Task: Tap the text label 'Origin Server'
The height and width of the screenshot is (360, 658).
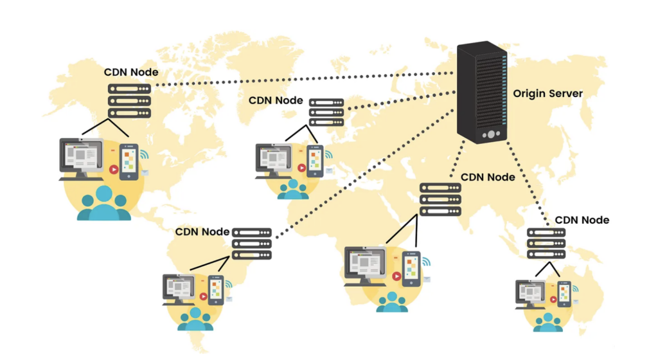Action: tap(547, 94)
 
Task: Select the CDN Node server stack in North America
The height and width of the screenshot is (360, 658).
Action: tap(129, 100)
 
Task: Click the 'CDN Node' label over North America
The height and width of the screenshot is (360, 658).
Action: tap(131, 73)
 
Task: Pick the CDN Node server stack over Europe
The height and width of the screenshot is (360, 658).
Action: tap(326, 113)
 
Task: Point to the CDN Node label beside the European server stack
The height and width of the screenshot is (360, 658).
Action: tap(276, 100)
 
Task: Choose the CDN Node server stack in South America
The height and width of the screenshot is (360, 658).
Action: tap(252, 244)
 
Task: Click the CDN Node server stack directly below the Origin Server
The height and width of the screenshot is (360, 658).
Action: tap(440, 199)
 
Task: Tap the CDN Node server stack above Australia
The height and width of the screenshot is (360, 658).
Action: tap(546, 244)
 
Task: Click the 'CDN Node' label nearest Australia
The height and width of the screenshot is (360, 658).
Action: tap(582, 220)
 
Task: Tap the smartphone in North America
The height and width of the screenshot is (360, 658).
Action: tap(129, 161)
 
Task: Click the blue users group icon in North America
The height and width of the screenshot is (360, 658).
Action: tap(103, 204)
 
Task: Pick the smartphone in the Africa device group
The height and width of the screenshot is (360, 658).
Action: tap(411, 269)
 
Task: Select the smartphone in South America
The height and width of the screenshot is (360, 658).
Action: tap(216, 291)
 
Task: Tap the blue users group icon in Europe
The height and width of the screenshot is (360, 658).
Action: tap(293, 190)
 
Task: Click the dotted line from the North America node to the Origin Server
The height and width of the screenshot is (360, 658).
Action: tap(302, 80)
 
